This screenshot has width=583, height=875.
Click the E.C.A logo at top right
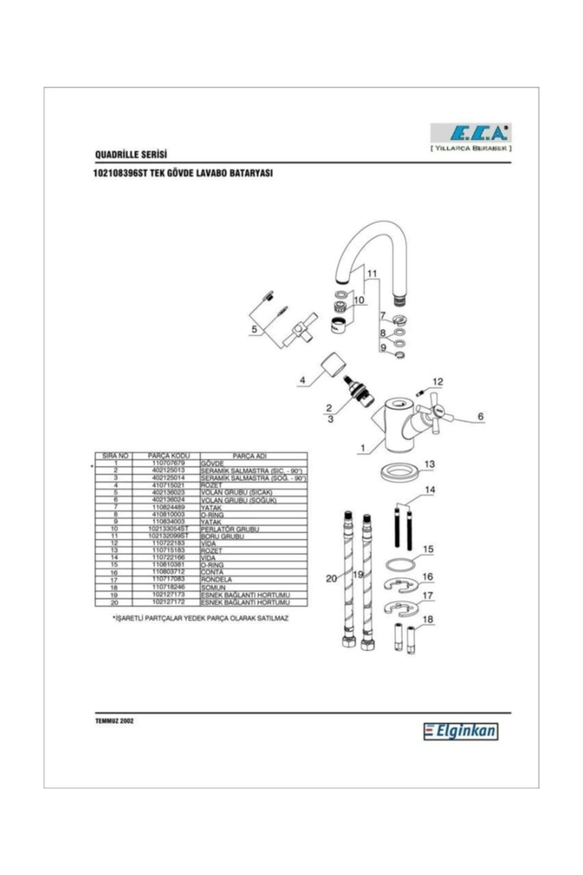coord(471,133)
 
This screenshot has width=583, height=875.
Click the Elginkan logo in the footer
coord(461,732)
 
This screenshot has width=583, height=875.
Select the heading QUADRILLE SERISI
coord(131,155)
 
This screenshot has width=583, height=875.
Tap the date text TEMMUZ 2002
coord(115,721)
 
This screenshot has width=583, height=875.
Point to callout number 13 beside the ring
coord(429,464)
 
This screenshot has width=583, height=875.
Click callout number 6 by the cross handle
coord(480,416)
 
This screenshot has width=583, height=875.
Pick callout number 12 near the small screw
coord(438,382)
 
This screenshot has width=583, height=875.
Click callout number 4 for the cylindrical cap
coord(303,380)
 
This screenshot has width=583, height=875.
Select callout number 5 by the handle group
coord(254,330)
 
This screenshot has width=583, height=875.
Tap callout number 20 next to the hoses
coord(331,578)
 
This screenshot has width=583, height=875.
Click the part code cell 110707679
coord(169,463)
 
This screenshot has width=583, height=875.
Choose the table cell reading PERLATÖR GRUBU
coord(230,529)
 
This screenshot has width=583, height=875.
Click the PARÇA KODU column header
coord(169,456)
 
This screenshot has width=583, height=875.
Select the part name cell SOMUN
coord(213,588)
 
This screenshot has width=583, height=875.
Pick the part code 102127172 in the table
coord(169,602)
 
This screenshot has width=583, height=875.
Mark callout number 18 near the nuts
coord(428,619)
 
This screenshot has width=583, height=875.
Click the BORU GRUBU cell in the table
coord(223,536)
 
